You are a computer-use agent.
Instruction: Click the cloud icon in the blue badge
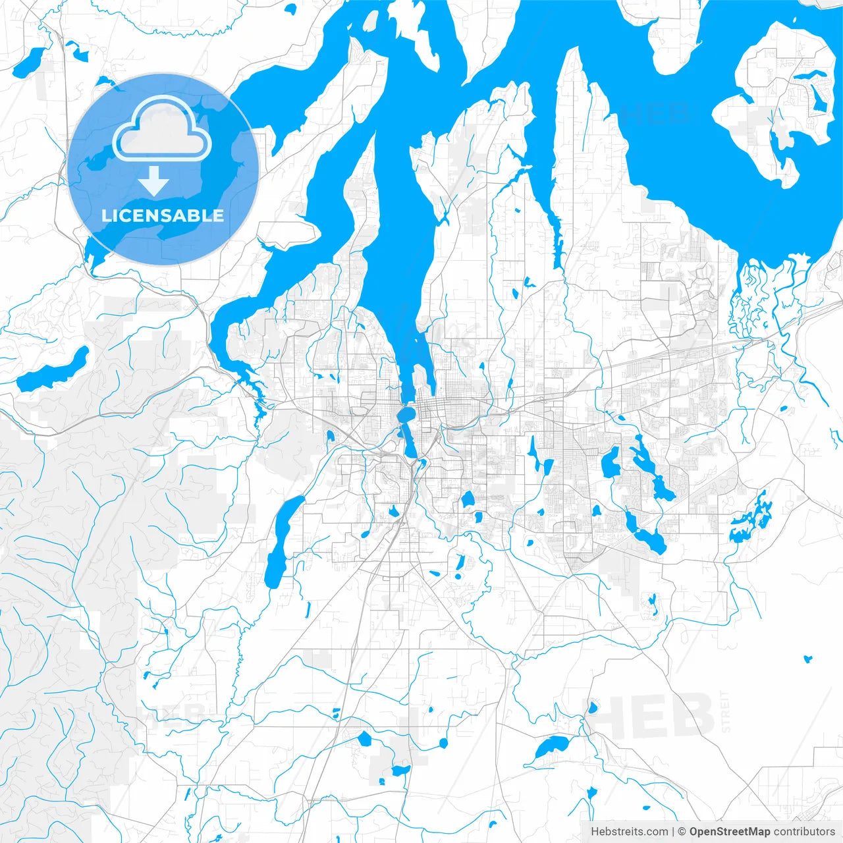tap(162, 128)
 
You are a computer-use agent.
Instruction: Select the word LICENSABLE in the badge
tap(163, 215)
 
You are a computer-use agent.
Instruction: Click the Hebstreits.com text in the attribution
tap(629, 832)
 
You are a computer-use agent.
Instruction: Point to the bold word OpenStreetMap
tap(730, 832)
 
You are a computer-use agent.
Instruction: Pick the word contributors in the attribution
tap(804, 832)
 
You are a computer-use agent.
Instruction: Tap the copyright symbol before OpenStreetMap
tap(682, 832)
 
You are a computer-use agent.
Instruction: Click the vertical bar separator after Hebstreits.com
tap(672, 832)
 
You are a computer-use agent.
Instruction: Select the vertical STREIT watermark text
tap(726, 712)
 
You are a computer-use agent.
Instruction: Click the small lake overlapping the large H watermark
tap(591, 708)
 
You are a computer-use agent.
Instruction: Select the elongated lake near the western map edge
tap(53, 372)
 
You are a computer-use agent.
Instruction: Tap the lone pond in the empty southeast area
tap(808, 658)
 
